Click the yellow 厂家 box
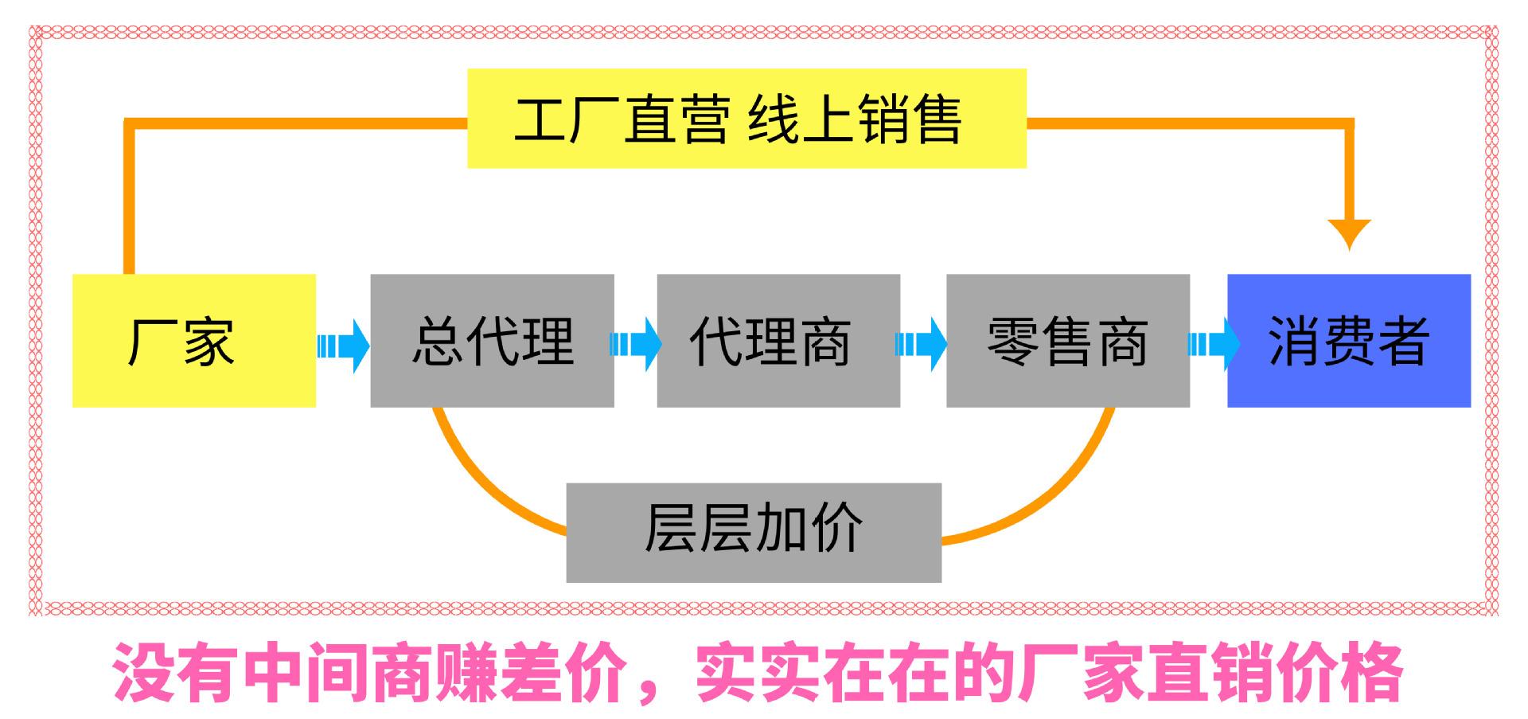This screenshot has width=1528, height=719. pos(193,341)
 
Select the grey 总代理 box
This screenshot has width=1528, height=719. pos(492,341)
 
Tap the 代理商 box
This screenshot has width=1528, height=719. pos(778,341)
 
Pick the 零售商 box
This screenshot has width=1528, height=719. pos(1067,341)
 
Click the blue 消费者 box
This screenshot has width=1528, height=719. pos(1348,341)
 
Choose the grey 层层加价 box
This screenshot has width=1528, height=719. pos(753,532)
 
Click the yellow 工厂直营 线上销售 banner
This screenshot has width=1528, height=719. pos(746,119)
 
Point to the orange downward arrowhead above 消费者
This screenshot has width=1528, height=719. pos(1349,233)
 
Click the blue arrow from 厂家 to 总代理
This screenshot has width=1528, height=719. pos(344,346)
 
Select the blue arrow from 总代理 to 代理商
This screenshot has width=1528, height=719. pos(636,344)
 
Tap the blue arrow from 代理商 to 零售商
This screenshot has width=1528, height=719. pos(922,344)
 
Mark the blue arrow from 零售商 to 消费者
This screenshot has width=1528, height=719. pos(1214,344)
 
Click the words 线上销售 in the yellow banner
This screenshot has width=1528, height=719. pos(855,119)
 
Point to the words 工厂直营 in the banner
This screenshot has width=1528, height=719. pos(622,119)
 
